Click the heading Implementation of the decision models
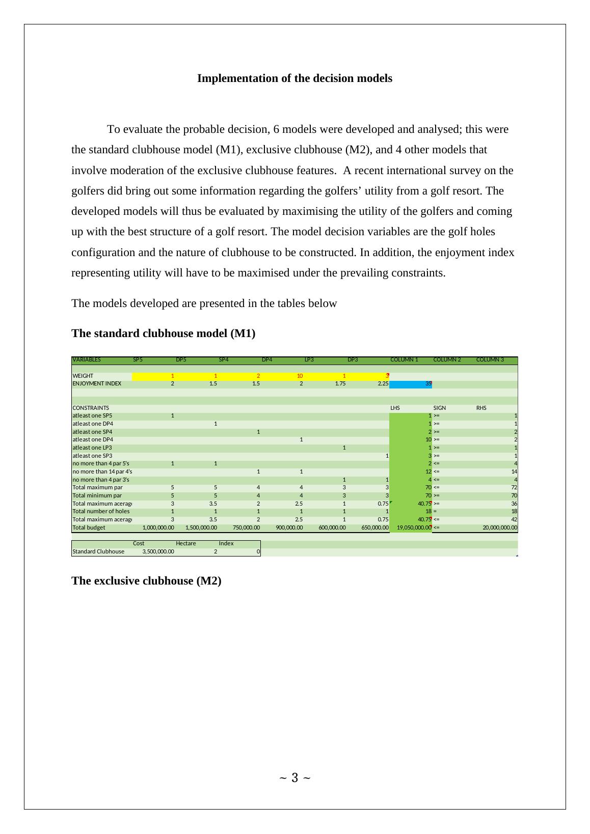click(294, 78)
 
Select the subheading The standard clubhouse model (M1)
click(163, 333)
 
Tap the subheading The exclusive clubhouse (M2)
click(146, 581)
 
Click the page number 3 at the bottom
click(294, 777)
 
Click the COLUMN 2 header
click(447, 359)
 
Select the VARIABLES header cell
click(87, 359)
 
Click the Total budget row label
click(89, 527)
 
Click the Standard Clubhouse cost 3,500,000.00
click(158, 551)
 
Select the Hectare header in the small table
click(185, 543)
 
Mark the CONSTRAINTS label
click(91, 408)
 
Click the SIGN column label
click(439, 408)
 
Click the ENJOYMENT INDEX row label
click(97, 384)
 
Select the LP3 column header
click(309, 359)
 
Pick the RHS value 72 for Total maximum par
click(514, 487)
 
